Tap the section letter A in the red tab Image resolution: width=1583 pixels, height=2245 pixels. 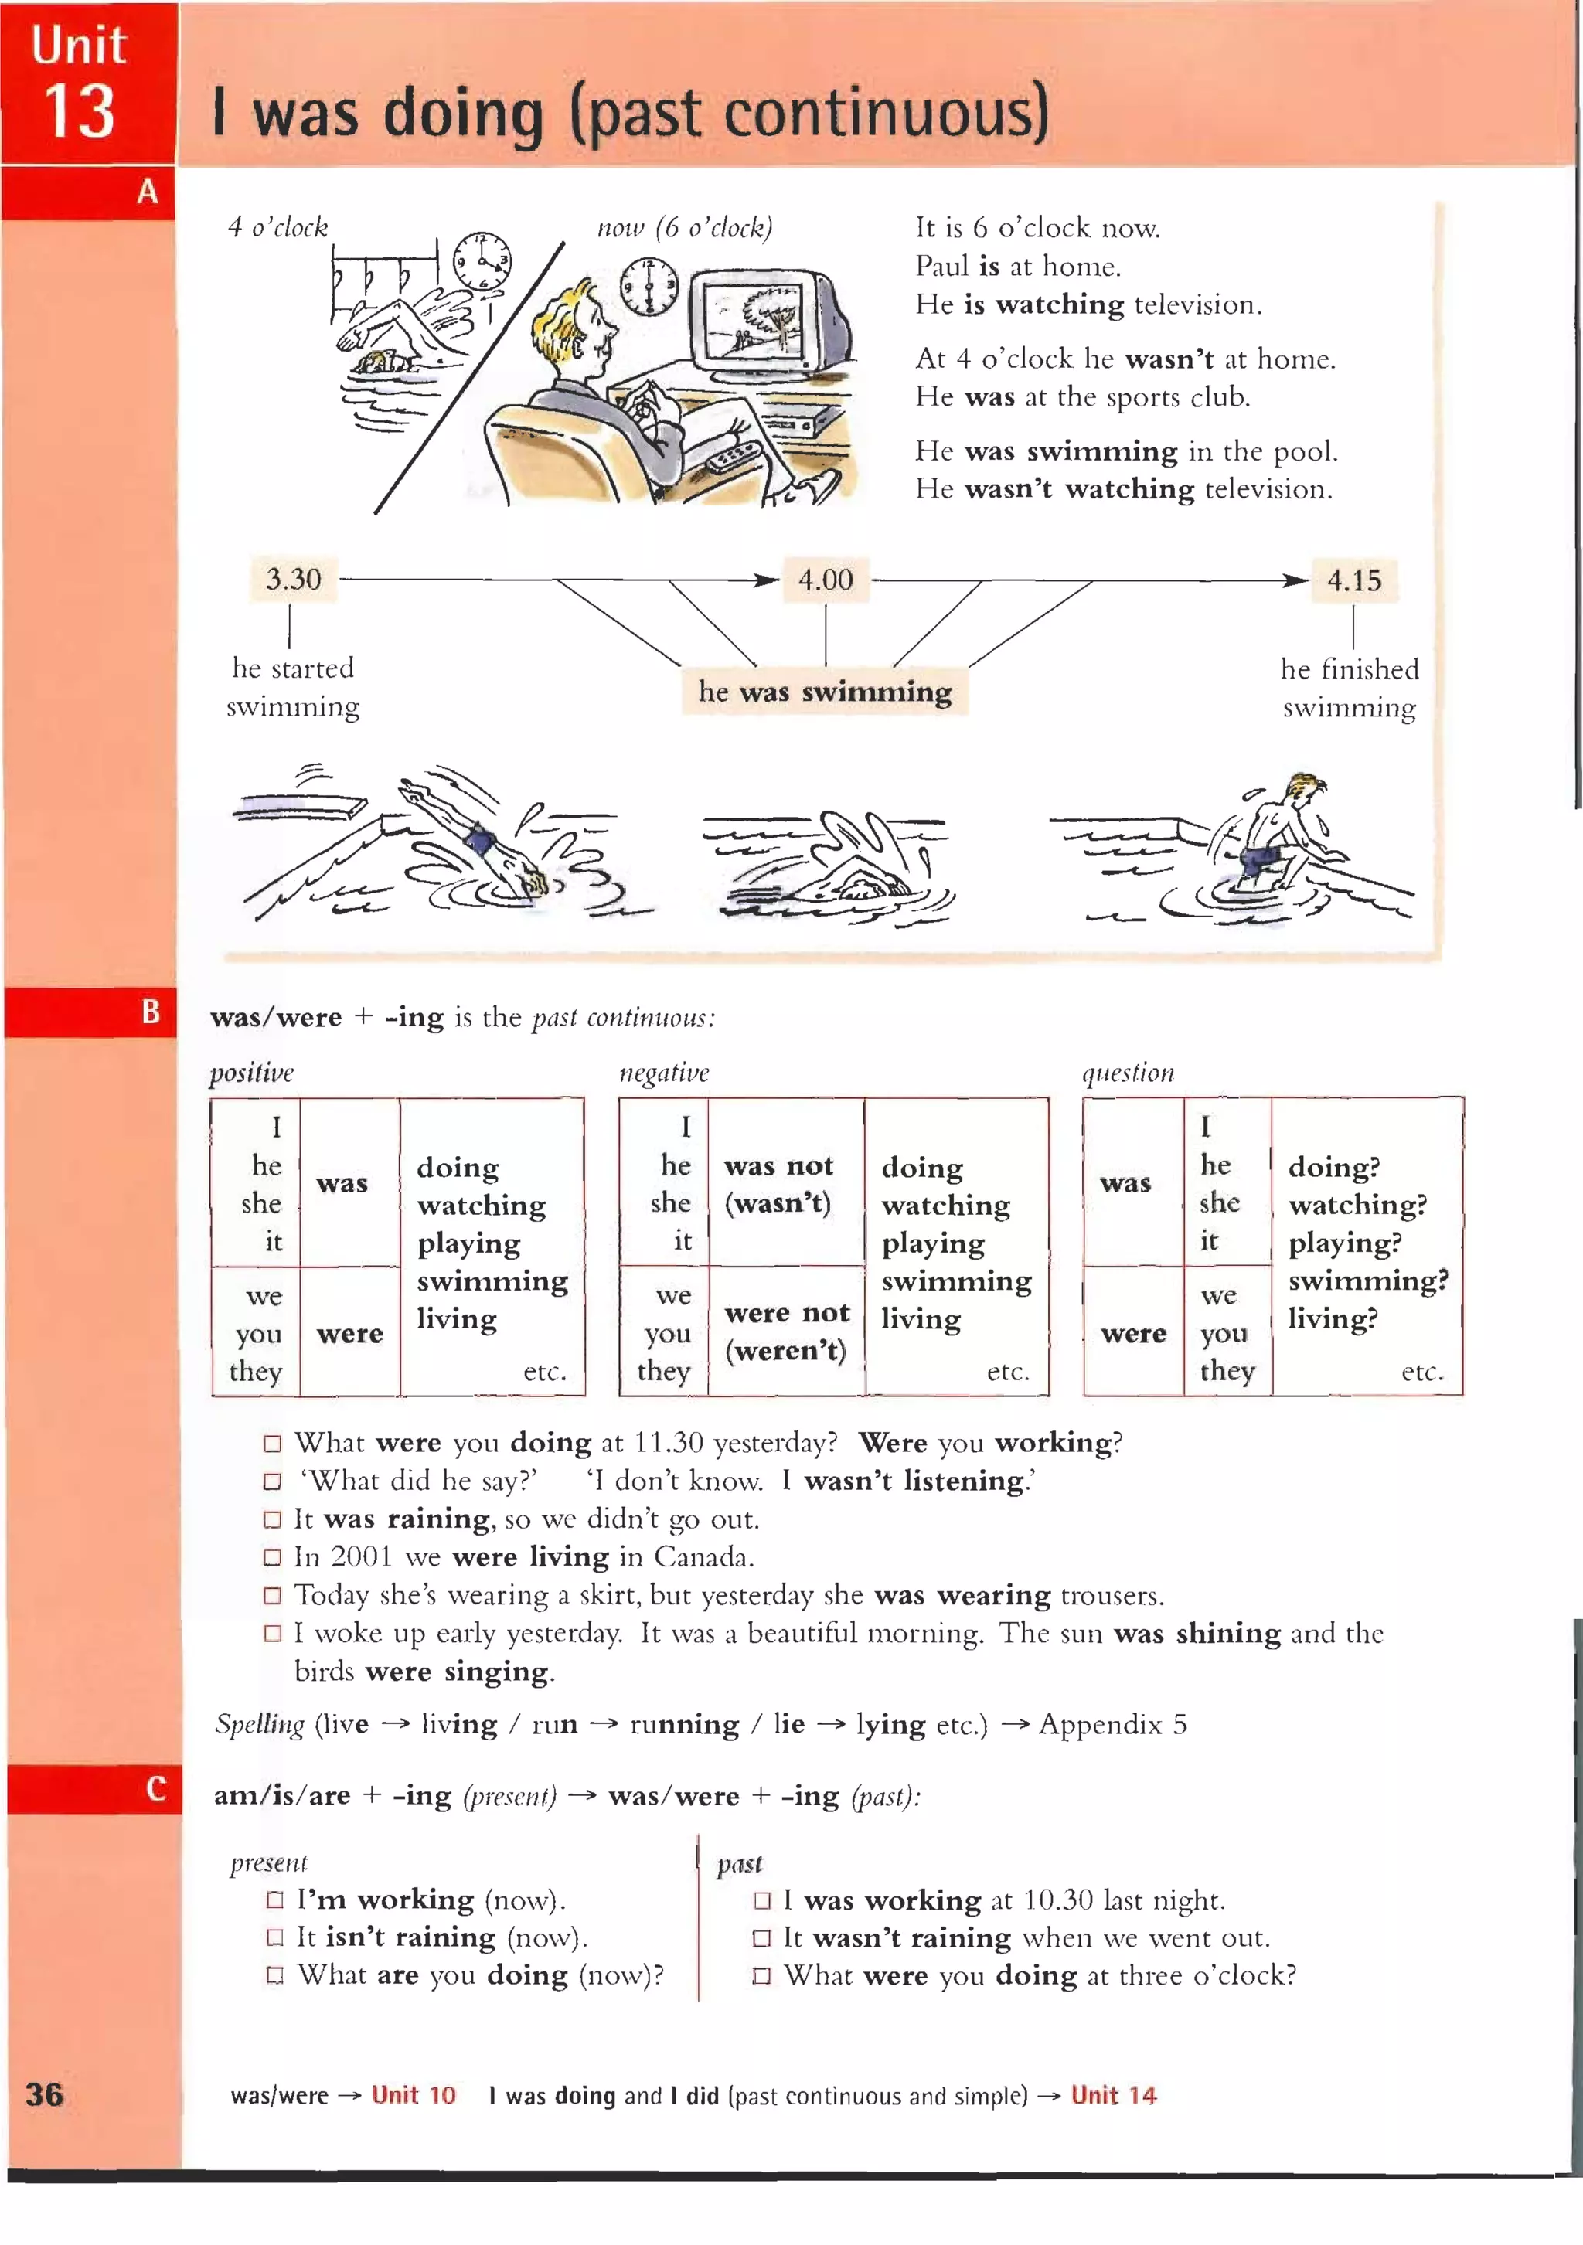(x=148, y=192)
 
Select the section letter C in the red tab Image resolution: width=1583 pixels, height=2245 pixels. (x=155, y=1788)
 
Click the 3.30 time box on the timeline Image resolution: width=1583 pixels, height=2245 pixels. (x=293, y=579)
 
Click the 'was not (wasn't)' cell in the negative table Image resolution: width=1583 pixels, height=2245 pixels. (x=779, y=1183)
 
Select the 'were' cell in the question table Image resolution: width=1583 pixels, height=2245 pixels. (x=1132, y=1333)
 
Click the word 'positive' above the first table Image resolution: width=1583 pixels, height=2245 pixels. (x=251, y=1073)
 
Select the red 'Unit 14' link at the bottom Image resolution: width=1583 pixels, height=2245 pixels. (x=1113, y=2094)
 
